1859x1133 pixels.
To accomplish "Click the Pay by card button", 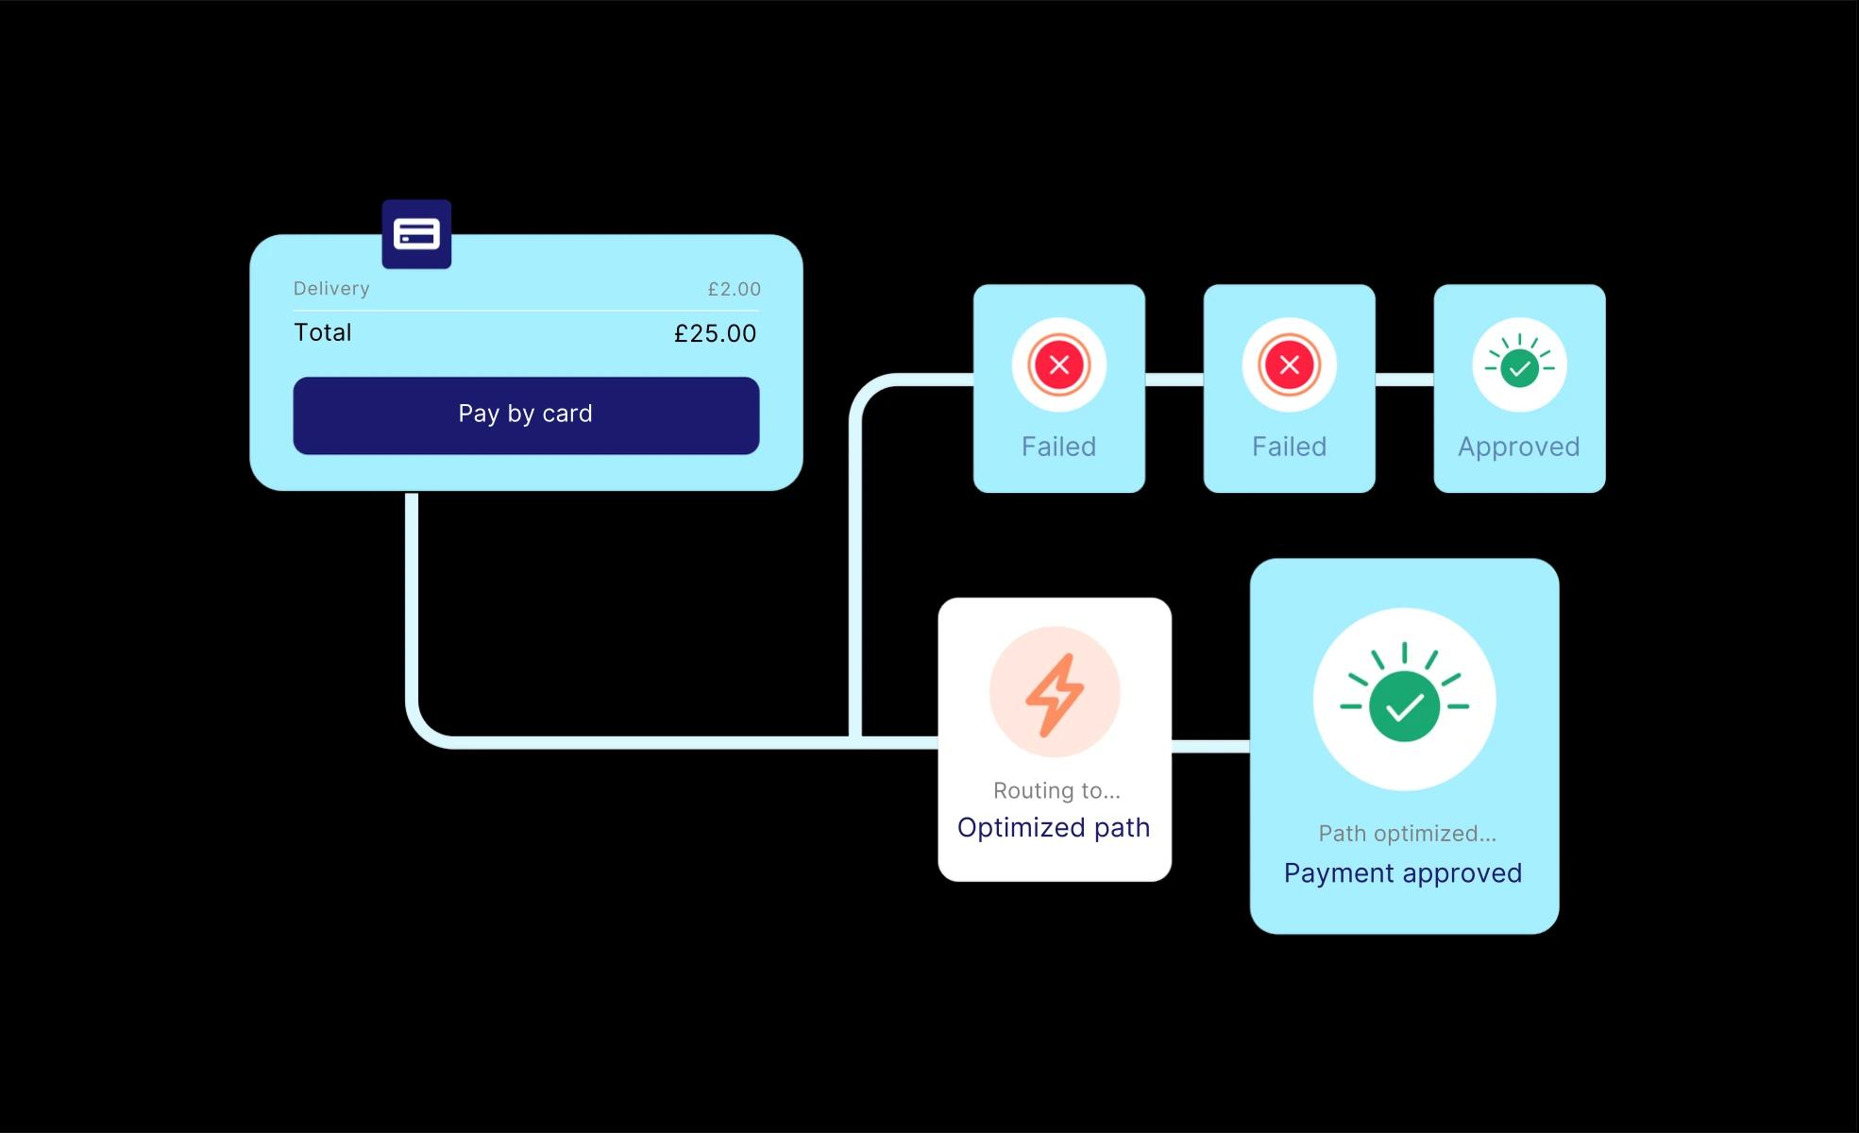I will (526, 415).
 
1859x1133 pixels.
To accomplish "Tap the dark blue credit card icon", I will (416, 234).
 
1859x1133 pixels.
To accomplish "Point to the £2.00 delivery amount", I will (734, 289).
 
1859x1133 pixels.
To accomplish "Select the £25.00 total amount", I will (715, 333).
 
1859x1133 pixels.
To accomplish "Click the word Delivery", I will (331, 289).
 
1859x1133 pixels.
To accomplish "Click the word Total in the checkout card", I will (323, 332).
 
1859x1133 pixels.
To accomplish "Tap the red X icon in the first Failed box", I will (1059, 365).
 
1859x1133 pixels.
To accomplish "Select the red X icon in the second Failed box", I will (1289, 365).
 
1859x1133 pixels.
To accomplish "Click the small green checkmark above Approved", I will (1519, 367).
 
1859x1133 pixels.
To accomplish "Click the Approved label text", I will (1518, 447).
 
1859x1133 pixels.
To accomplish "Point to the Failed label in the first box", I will (1058, 447).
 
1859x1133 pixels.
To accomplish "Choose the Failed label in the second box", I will (1289, 447).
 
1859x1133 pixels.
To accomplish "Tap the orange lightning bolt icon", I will (1055, 694).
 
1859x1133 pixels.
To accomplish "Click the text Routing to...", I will (1056, 791).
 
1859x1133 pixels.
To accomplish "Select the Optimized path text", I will (1054, 828).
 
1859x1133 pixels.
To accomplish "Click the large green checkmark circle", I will (1404, 706).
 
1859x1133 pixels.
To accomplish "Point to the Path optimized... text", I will (1407, 834).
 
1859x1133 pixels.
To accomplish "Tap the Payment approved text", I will (1403, 873).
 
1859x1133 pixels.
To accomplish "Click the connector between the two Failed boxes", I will (1175, 380).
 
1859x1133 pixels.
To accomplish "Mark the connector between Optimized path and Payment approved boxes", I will (1210, 746).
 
